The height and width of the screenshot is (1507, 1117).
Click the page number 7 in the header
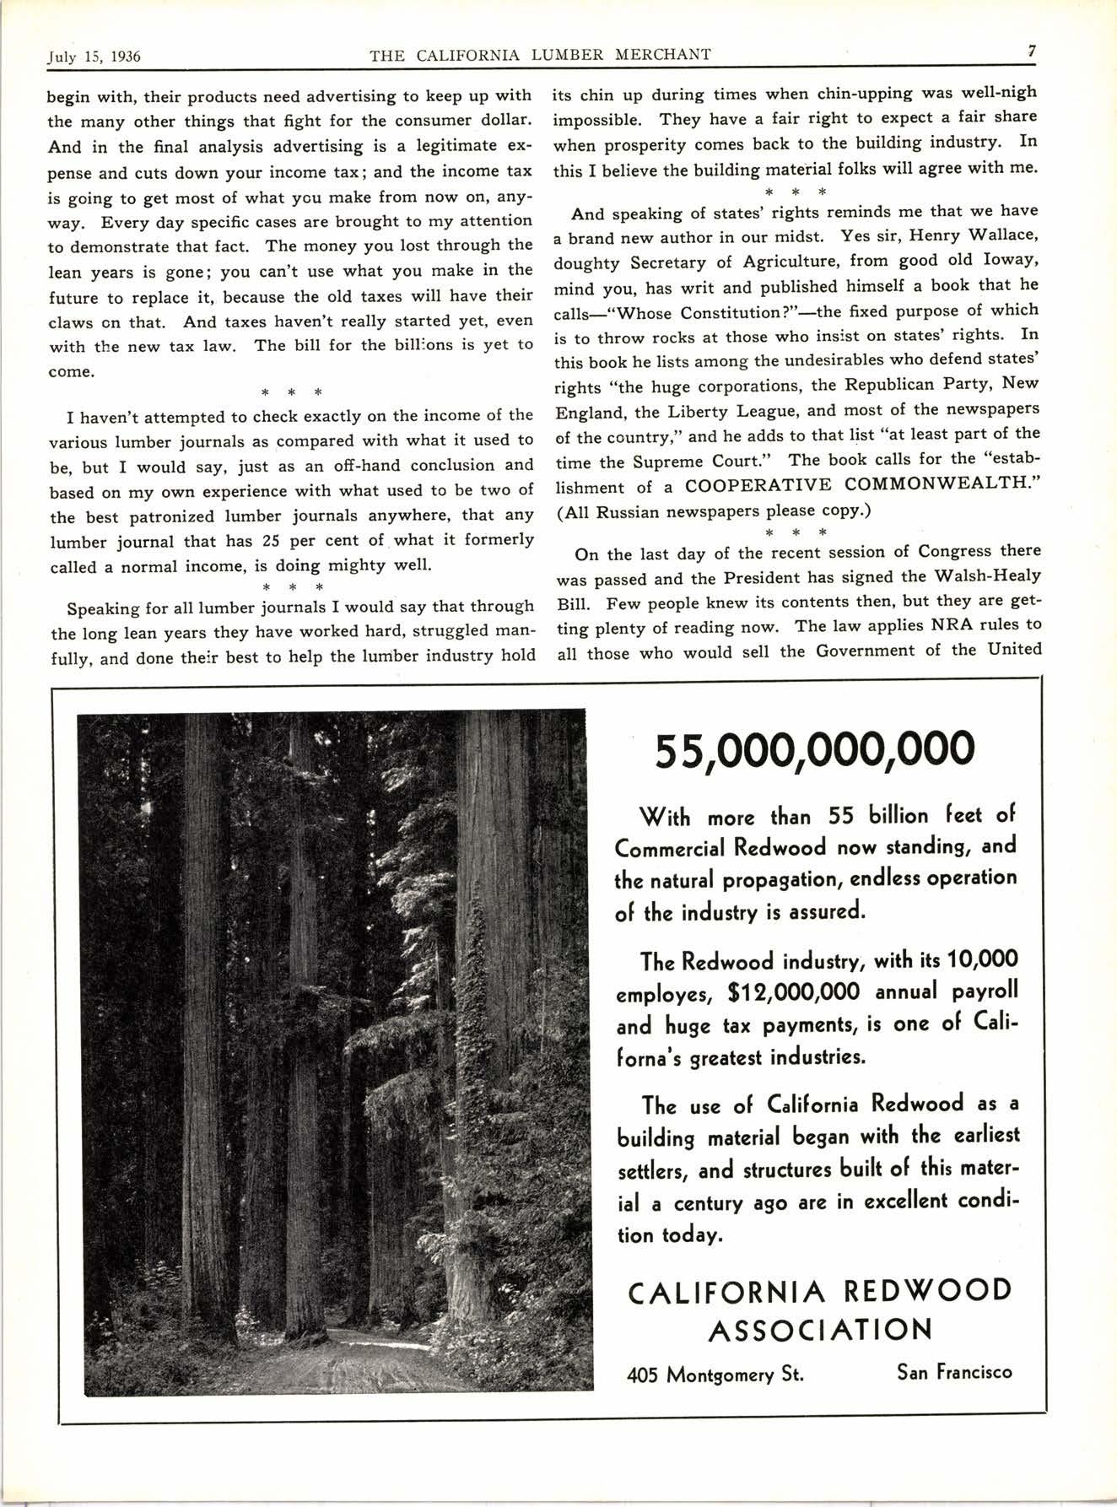pos(1032,51)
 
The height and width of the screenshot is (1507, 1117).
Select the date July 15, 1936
pos(93,57)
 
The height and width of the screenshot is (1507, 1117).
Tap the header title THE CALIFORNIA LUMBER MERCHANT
pos(541,56)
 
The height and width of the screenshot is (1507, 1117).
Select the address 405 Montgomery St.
pos(715,1375)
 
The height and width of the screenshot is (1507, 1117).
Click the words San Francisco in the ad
pos(954,1372)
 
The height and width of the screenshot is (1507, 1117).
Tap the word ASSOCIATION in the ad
pos(819,1331)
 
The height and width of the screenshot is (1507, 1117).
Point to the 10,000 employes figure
pos(983,959)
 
